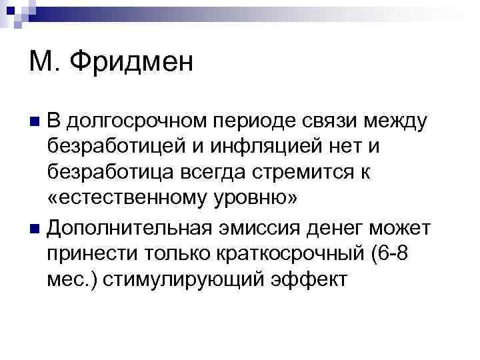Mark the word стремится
point(305,174)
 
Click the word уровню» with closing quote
point(253,201)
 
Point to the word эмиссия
point(261,227)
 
